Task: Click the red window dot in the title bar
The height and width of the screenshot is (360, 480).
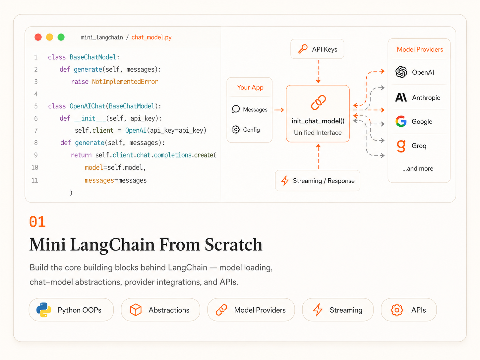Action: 38,37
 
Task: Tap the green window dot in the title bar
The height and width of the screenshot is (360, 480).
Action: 61,37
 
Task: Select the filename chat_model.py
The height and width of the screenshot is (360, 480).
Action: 151,37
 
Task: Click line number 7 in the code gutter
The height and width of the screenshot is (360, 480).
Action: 36,131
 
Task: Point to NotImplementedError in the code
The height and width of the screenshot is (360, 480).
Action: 125,82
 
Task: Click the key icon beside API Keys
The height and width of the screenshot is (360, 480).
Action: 303,49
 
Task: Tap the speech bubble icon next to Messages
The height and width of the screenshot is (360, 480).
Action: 236,109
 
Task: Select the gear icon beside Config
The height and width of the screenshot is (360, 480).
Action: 235,130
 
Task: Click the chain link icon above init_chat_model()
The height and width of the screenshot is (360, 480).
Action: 318,102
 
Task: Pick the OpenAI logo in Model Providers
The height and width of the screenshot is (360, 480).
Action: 401,72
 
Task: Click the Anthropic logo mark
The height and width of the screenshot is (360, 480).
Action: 401,97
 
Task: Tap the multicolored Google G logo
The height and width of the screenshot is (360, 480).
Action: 401,121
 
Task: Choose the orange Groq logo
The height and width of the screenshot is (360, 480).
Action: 401,146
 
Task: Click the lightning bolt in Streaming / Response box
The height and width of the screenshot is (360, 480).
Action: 285,181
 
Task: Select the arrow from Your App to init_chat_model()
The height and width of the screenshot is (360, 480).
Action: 279,110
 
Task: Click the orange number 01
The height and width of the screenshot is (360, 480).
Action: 37,222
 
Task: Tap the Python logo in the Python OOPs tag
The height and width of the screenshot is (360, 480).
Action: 44,310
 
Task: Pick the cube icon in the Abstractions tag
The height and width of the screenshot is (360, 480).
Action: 136,310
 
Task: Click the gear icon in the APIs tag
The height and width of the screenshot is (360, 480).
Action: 397,310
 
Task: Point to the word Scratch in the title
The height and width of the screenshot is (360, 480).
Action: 233,245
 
